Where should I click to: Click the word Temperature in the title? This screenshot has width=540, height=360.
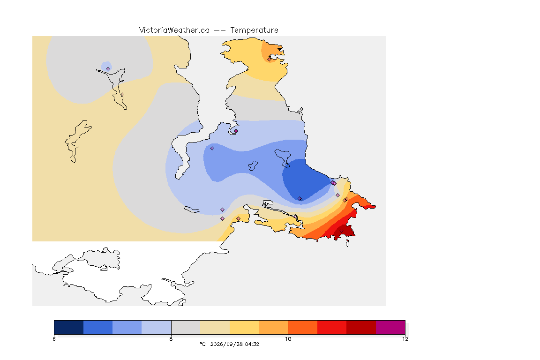point(254,30)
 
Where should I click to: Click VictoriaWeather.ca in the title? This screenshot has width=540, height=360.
point(174,30)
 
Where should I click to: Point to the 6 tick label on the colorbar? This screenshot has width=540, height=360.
point(54,339)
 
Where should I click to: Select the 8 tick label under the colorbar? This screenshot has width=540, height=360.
point(171,339)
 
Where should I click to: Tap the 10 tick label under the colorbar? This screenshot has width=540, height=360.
point(288,339)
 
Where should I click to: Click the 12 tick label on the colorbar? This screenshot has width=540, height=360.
point(405,339)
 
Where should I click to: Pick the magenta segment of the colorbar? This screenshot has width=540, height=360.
point(390,327)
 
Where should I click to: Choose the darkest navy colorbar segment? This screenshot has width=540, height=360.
point(69,327)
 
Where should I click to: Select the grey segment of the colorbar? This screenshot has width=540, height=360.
point(186,327)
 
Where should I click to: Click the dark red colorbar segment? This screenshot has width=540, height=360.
point(361,327)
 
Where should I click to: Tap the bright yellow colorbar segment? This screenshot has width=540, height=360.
point(244,327)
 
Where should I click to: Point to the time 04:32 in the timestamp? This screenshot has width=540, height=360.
point(252,344)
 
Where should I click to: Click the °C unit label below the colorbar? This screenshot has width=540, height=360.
point(202,344)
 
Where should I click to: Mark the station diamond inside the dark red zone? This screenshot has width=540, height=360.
point(341,231)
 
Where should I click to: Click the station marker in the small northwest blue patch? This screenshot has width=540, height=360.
point(108,68)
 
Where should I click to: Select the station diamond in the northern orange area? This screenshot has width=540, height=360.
point(270,59)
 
